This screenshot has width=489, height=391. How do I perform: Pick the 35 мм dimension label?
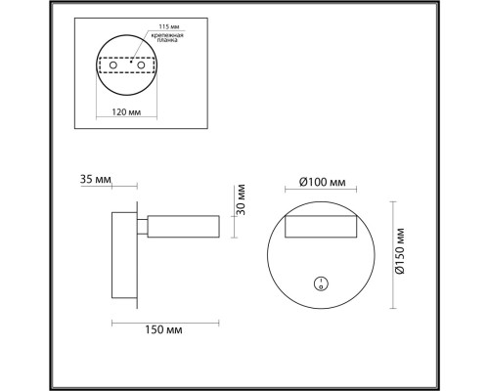[x=97, y=181]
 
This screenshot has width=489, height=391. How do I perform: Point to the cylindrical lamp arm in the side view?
[x=184, y=228]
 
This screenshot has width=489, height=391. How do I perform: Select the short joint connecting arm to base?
[x=143, y=228]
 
